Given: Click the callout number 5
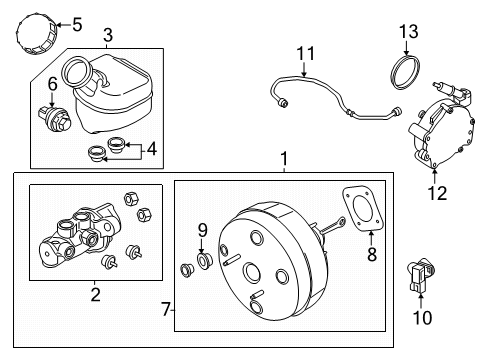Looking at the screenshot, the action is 77,25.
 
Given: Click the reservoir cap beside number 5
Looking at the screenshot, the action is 37,34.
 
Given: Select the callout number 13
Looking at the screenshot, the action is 409,32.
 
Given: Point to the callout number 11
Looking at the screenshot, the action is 305,53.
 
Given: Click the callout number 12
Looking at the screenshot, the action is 437,193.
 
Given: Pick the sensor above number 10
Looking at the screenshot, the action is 421,275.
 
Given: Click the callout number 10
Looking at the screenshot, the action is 422,317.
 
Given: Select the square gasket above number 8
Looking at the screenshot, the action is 363,208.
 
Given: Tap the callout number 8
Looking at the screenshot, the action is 372,254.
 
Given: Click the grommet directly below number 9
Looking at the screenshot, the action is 204,261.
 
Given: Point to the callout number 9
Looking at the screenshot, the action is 203,230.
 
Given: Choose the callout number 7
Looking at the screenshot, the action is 166,309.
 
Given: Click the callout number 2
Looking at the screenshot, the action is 95,295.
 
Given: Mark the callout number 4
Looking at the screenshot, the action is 152,149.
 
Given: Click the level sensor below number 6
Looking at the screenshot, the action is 55,119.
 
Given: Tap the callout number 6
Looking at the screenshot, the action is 53,84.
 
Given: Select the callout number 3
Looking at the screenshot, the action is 108,35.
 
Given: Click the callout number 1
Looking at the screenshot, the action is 284,159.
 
